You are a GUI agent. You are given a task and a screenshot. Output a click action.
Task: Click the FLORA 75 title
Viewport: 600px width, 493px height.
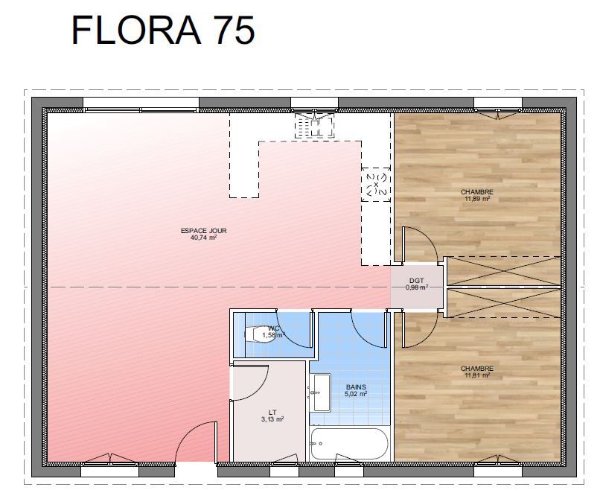pos(163,31)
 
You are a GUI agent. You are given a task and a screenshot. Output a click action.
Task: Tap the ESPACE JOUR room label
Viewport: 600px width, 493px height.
pos(203,231)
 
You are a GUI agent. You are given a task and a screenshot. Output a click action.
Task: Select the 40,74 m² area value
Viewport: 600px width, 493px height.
pos(203,238)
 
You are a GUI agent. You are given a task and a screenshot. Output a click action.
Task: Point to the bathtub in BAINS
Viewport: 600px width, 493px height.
pos(349,444)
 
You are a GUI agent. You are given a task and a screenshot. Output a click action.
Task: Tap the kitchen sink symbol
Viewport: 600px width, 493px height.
pos(314,126)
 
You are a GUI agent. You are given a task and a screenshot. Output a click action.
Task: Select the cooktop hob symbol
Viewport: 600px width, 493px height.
pos(376,185)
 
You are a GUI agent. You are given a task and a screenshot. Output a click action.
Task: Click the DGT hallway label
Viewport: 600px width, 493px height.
pos(416,281)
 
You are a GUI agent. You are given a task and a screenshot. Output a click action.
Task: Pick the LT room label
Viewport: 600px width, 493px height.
pos(272,413)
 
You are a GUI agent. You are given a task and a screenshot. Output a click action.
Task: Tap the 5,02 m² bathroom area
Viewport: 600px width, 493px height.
pos(356,393)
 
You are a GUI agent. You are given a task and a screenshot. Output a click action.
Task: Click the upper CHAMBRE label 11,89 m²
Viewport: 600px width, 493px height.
pos(476,195)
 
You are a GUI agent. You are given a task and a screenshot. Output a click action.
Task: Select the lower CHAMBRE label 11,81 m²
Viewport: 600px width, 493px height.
pos(476,372)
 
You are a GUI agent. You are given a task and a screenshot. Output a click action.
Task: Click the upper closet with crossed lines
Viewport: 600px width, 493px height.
pos(503,271)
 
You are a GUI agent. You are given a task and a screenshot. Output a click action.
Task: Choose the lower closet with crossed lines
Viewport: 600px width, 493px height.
pos(503,303)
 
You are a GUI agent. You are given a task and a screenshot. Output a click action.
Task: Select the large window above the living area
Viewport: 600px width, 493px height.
pos(141,104)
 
